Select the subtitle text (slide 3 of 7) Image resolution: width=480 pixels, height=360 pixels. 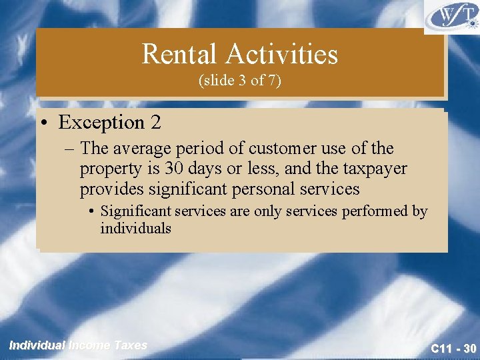[x=240, y=81]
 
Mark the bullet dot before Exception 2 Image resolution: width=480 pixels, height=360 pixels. [x=46, y=123]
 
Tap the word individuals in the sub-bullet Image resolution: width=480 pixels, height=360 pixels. [x=135, y=228]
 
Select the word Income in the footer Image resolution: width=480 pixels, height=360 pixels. [x=90, y=345]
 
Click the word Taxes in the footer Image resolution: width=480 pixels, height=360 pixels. [x=131, y=345]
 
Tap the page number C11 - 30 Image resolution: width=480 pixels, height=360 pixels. [x=453, y=348]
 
